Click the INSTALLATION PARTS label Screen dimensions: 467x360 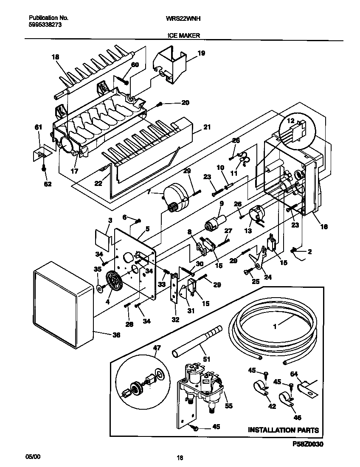pos(283,430)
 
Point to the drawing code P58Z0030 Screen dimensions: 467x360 pos(308,444)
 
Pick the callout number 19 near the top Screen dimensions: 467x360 pos(201,53)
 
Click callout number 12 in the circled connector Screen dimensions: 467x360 pos(291,121)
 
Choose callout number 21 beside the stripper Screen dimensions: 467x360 pos(207,127)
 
